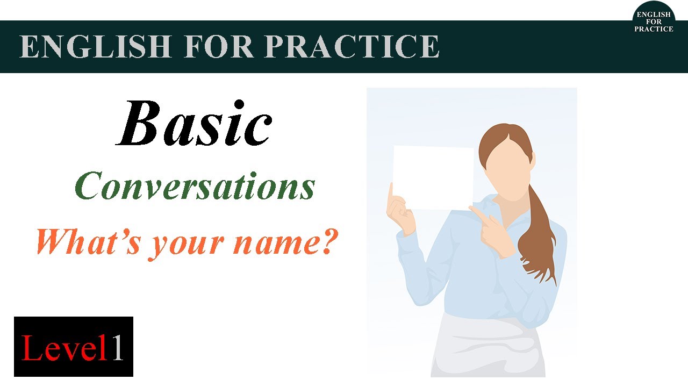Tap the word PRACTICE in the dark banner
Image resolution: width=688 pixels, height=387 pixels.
(x=352, y=47)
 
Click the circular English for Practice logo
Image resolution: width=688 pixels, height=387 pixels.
(x=653, y=21)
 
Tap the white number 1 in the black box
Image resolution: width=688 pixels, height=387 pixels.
(x=117, y=347)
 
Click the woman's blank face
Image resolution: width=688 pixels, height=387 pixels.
(x=503, y=167)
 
